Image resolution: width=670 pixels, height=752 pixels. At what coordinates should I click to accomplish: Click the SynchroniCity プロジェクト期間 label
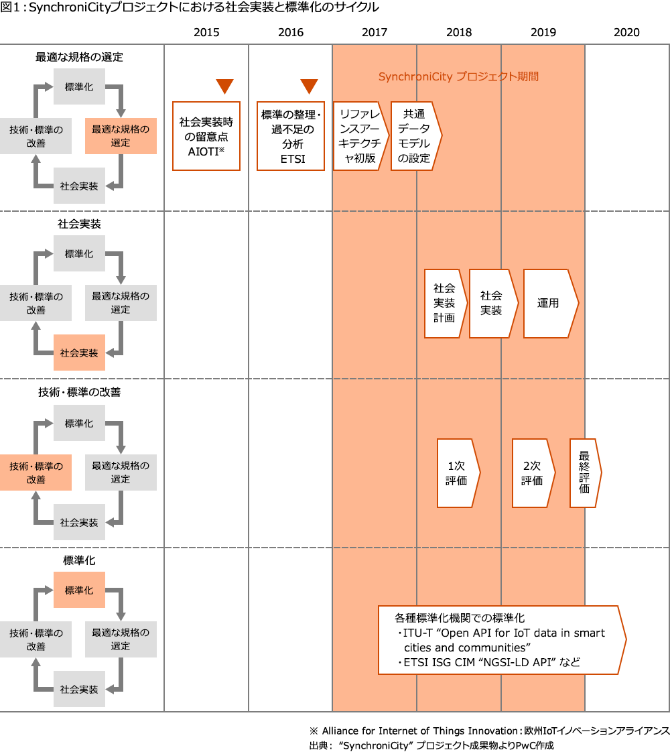[458, 76]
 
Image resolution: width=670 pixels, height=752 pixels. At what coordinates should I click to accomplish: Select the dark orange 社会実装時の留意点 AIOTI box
[206, 135]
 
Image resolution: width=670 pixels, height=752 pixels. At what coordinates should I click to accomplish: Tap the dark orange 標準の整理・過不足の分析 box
[290, 135]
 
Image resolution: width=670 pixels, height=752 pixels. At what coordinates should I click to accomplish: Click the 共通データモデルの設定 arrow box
[415, 136]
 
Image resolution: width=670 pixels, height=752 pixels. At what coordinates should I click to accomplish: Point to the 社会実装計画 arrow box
[444, 303]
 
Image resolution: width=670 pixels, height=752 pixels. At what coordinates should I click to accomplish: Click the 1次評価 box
[457, 473]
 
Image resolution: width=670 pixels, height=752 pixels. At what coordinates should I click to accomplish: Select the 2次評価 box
[533, 473]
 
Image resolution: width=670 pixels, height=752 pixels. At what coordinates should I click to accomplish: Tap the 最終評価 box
[585, 473]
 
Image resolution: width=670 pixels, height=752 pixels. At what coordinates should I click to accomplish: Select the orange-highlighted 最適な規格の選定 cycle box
[121, 136]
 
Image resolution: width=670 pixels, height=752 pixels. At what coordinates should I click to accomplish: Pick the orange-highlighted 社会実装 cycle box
[79, 353]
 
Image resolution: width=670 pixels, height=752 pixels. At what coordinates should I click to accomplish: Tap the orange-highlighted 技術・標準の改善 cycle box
[36, 473]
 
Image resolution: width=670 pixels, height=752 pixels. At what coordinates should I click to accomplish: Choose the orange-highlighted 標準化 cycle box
[79, 590]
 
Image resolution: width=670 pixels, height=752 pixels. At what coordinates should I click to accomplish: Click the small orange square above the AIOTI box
[224, 87]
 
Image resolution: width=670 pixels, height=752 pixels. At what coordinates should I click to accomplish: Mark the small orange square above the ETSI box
[309, 87]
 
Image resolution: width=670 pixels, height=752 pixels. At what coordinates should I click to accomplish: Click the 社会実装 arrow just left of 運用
[492, 303]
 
